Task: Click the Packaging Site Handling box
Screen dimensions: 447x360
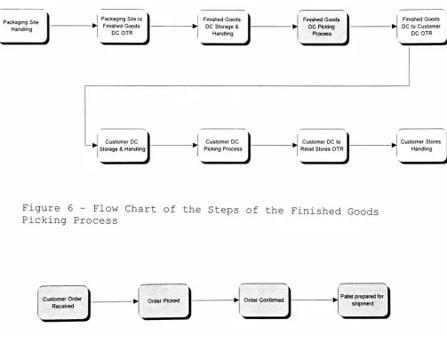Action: [23, 26]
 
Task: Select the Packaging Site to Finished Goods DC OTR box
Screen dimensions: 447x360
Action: [123, 27]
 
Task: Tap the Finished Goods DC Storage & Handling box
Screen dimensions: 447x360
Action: [223, 27]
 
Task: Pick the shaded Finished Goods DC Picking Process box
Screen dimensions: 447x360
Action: [323, 27]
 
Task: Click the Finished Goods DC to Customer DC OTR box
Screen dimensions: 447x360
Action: [422, 27]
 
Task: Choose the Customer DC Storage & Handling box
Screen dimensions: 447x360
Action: [123, 146]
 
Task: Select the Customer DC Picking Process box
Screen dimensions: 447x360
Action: [224, 146]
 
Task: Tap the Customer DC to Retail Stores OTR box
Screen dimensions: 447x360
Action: [323, 146]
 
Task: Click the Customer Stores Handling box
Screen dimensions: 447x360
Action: [422, 146]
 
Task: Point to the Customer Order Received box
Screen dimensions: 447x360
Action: [63, 303]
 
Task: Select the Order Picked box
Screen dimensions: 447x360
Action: [164, 301]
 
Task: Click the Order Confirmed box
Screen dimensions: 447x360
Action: [265, 300]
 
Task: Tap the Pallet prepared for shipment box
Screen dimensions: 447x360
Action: [363, 300]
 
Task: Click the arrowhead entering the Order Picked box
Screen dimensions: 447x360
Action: [136, 301]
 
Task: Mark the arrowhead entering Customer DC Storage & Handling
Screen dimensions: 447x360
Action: [95, 145]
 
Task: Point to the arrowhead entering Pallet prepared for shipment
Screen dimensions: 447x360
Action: [335, 300]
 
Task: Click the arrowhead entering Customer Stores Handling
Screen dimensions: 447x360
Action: [395, 145]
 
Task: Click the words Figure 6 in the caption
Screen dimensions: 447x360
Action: [48, 208]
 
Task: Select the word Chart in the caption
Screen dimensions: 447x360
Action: [140, 209]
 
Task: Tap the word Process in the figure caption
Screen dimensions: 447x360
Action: [95, 220]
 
